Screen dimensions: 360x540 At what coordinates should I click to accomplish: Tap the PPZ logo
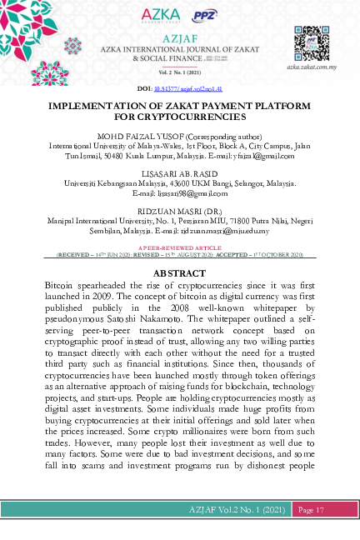204,15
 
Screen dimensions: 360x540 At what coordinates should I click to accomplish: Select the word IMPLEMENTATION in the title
92,107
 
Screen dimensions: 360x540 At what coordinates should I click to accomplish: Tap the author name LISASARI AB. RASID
179,173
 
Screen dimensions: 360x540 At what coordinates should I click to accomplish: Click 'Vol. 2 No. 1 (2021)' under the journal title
180,74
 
